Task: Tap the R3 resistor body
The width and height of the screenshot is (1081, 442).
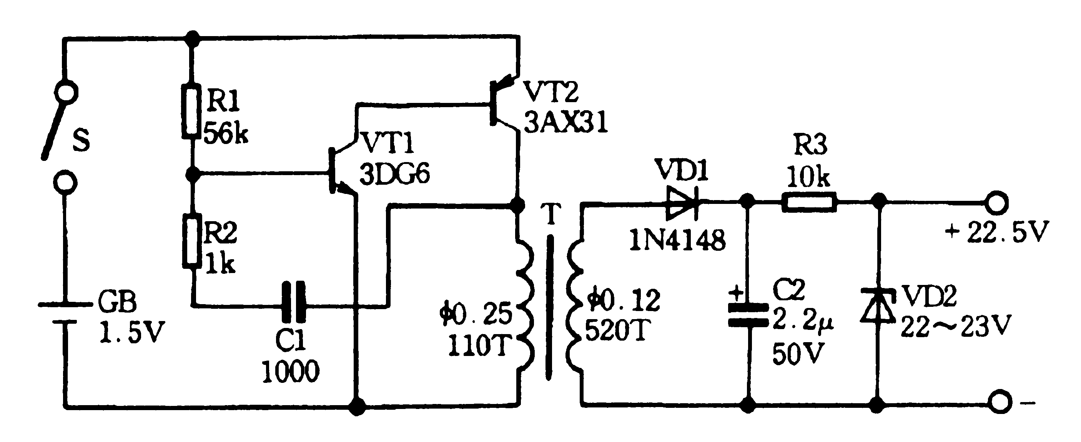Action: point(809,202)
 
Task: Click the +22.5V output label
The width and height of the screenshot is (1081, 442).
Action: point(996,232)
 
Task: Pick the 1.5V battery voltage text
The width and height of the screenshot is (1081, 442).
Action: point(132,332)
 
